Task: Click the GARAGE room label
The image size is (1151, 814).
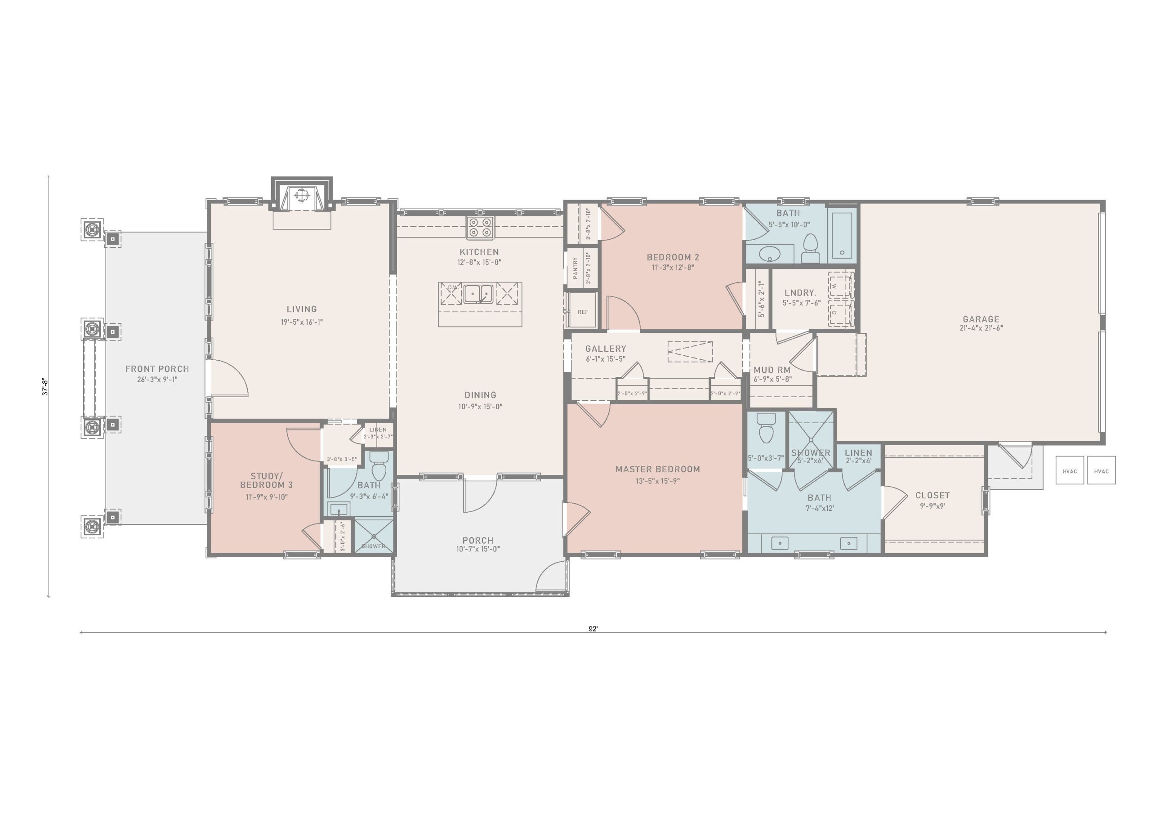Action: coord(981,319)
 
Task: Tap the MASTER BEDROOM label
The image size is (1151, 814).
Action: coord(658,470)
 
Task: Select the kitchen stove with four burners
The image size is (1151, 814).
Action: coord(480,227)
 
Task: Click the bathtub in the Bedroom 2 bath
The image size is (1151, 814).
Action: coord(842,236)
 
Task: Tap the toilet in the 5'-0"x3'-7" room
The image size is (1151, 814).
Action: coord(766,427)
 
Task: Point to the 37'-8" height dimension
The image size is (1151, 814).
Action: coord(44,386)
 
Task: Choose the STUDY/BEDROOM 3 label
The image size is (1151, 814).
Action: coord(266,480)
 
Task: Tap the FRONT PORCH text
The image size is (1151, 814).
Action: coord(157,369)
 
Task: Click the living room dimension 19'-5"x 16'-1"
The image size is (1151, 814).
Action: coord(302,322)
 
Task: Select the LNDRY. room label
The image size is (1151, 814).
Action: coord(800,293)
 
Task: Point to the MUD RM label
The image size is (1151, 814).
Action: coord(772,370)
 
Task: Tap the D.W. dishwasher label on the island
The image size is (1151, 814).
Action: coord(453,287)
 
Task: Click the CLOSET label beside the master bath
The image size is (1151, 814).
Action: coord(932,496)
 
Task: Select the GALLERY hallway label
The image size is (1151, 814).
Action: coord(606,349)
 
